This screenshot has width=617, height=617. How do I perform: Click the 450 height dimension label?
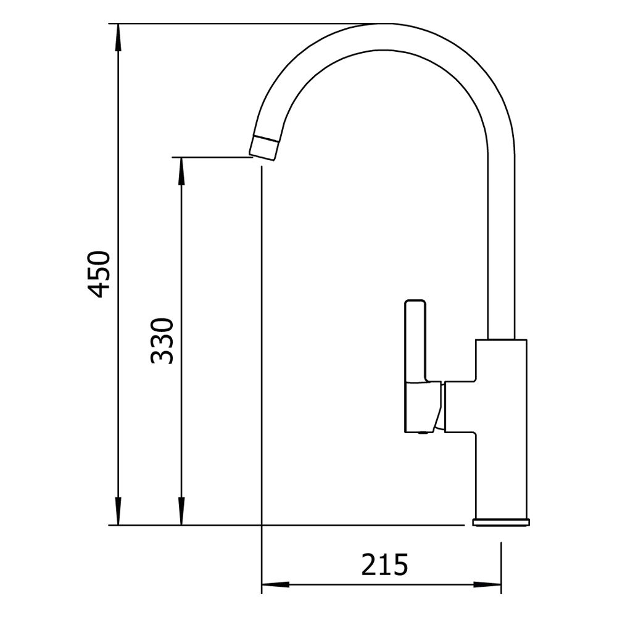point(98,274)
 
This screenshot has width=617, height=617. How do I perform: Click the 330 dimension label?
point(162,341)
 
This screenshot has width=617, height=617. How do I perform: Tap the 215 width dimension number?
point(384,565)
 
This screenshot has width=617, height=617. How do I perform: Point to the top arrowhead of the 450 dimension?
point(118,37)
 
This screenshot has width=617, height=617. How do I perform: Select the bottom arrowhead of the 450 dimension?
point(118,511)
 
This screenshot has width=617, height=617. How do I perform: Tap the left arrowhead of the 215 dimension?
point(275,585)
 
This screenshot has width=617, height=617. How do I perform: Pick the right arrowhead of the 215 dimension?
point(487,585)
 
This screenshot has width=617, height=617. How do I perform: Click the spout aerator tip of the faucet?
point(263,147)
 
